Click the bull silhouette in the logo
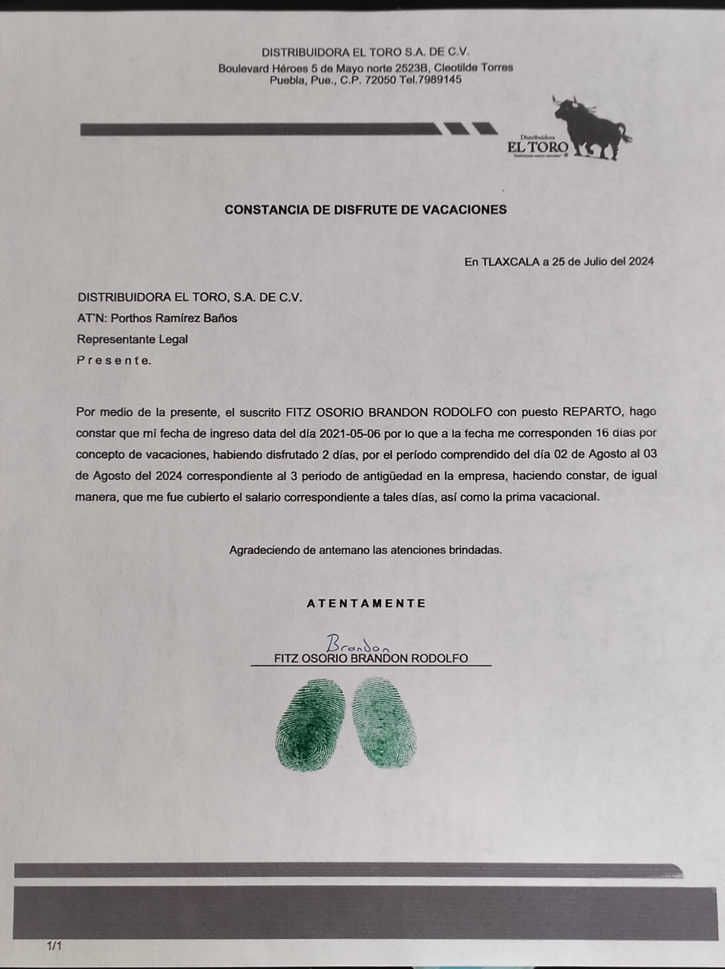coord(591,125)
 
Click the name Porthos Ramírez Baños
coord(174,318)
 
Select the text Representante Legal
coord(132,339)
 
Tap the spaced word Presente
coord(114,361)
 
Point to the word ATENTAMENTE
coord(366,603)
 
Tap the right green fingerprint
coord(384,724)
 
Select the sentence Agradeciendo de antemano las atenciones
coord(365,550)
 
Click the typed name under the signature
coord(371,658)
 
